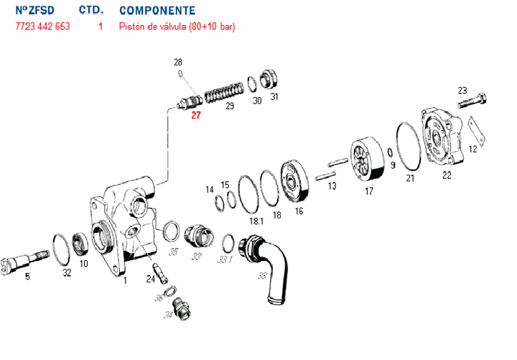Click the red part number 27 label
[195, 114]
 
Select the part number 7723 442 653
[42, 27]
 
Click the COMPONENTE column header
[157, 11]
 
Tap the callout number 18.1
[255, 221]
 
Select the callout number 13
[332, 185]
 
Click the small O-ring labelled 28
[182, 75]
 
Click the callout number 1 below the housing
[125, 280]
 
